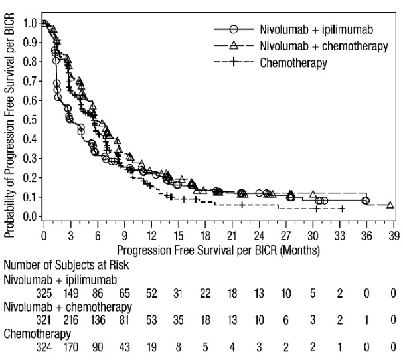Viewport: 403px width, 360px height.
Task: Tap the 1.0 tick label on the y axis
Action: (x=29, y=23)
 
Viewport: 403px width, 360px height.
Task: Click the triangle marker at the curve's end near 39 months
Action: (x=390, y=205)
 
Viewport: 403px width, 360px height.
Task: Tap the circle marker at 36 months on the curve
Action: (x=365, y=201)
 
